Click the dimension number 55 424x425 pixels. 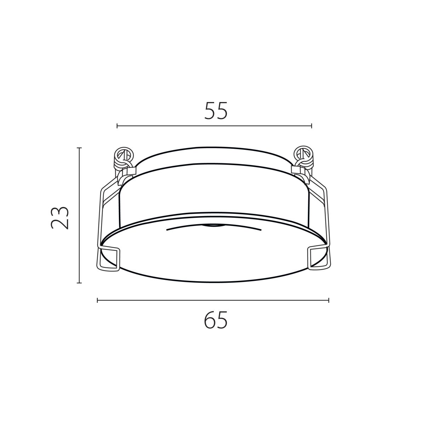coord(216,111)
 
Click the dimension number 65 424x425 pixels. coord(216,320)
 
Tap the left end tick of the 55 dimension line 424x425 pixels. coord(117,126)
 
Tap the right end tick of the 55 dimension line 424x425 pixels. coord(311,126)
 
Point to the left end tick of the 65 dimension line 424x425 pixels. coord(97,300)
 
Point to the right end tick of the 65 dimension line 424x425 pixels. coord(329,300)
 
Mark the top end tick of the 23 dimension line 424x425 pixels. coord(79,148)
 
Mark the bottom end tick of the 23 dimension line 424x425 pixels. coord(79,283)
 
